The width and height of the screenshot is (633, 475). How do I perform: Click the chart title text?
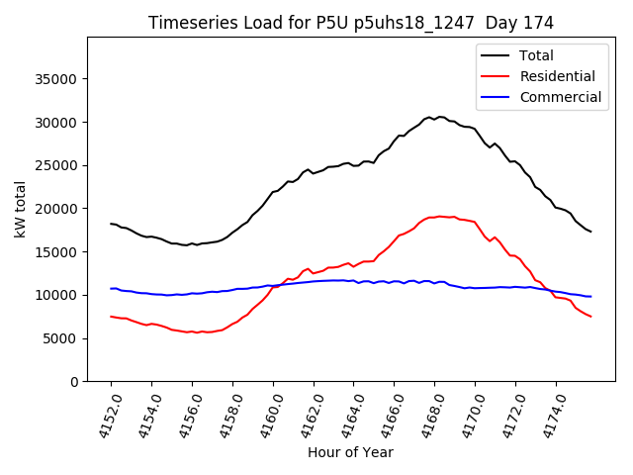click(x=350, y=23)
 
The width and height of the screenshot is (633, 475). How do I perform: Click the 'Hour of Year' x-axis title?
click(x=350, y=452)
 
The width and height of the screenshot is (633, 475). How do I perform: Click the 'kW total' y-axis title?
click(x=21, y=209)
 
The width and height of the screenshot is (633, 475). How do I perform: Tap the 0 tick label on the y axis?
click(x=74, y=382)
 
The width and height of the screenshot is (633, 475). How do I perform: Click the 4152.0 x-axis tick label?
click(x=103, y=416)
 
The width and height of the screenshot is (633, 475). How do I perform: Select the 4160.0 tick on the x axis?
click(x=265, y=416)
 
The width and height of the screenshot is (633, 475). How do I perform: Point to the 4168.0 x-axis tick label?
click(x=427, y=416)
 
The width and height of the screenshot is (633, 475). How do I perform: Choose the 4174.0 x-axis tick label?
click(x=548, y=416)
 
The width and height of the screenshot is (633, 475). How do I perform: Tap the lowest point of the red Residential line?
click(x=197, y=332)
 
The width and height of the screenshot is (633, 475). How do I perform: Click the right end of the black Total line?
click(x=590, y=232)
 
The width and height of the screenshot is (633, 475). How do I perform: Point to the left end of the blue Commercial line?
click(x=111, y=289)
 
